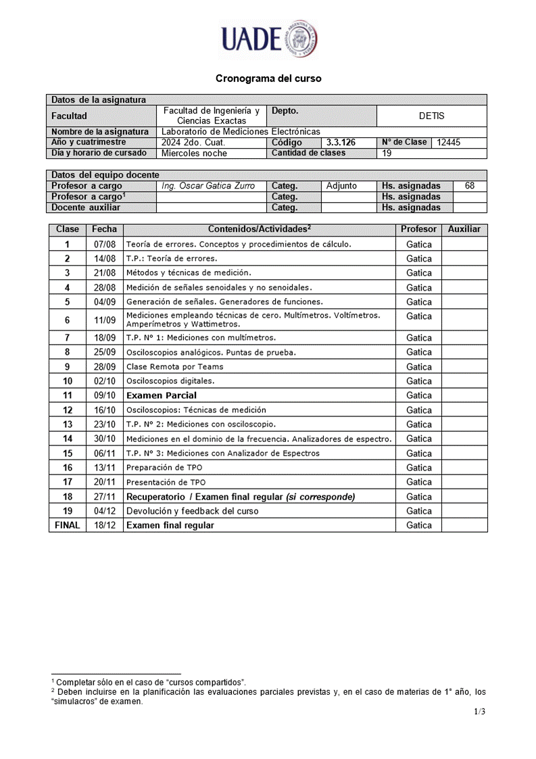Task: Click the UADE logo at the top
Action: coord(268,39)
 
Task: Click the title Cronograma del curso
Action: coord(268,78)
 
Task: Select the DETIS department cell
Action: coord(431,116)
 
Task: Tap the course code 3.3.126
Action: coord(341,143)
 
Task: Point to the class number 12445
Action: coord(449,143)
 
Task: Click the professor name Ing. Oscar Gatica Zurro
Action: coord(208,186)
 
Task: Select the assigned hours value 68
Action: coord(470,186)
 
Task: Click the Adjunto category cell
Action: coord(341,186)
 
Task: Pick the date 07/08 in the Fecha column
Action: coord(105,244)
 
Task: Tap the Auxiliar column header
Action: coord(464,229)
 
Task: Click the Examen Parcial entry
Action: coord(162,395)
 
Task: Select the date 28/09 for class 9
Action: coord(105,366)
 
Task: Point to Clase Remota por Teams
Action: coord(174,366)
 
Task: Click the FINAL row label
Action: coord(67,525)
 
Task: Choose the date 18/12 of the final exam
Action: coord(105,525)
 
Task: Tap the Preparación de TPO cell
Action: coord(164,468)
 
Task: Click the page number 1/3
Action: coord(479,711)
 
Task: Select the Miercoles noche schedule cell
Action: coord(194,153)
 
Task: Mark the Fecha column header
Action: coord(105,229)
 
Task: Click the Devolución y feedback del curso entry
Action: coord(192,511)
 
